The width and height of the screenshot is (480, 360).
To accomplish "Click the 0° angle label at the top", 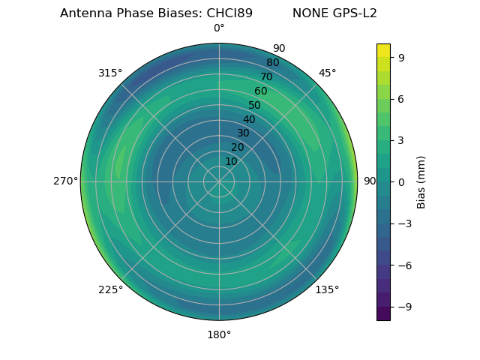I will (219, 28).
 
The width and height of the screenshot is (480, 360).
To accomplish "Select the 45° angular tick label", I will (327, 73).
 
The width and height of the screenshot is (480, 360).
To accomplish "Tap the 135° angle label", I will (327, 289).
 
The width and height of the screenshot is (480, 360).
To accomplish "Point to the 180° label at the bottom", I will (219, 334).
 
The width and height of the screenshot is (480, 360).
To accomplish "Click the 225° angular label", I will (110, 289).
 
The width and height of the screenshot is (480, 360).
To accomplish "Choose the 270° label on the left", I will (65, 181).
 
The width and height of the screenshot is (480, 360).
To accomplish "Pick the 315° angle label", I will (110, 73).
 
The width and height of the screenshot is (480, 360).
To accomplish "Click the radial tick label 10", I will (231, 161).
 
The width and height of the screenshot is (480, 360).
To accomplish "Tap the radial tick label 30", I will (243, 133).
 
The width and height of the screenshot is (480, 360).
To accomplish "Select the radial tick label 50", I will (255, 106).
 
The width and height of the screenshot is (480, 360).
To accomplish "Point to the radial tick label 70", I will (267, 76).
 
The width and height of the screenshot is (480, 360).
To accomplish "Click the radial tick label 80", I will (272, 62).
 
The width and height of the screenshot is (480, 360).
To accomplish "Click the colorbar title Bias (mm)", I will (421, 181).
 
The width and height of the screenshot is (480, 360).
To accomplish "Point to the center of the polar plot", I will (219, 181).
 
